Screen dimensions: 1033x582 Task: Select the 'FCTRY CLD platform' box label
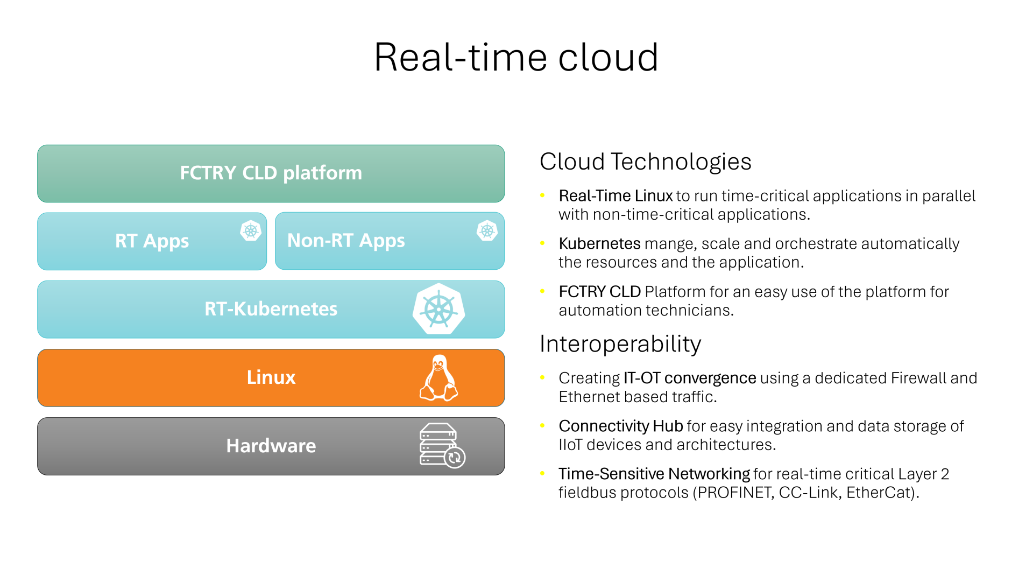[271, 173]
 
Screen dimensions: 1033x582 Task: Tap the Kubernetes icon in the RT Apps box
[251, 231]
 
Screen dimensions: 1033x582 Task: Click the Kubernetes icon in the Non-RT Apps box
[487, 231]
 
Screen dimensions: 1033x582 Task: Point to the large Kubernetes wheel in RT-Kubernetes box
[439, 309]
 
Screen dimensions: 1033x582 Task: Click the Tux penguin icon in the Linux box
[439, 378]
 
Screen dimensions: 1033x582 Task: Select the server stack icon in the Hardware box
[442, 446]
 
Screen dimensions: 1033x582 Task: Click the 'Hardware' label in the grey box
[271, 446]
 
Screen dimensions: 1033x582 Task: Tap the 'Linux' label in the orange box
[271, 377]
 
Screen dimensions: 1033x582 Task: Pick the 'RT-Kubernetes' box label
[271, 309]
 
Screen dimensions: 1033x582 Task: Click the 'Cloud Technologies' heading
[646, 162]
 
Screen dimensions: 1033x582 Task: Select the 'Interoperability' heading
[620, 344]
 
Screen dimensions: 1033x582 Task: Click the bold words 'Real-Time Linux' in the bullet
[616, 196]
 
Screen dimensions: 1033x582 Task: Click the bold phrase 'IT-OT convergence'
[690, 378]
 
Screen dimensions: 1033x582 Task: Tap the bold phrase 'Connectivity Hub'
[621, 426]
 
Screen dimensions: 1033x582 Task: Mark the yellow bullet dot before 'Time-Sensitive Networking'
[542, 474]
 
